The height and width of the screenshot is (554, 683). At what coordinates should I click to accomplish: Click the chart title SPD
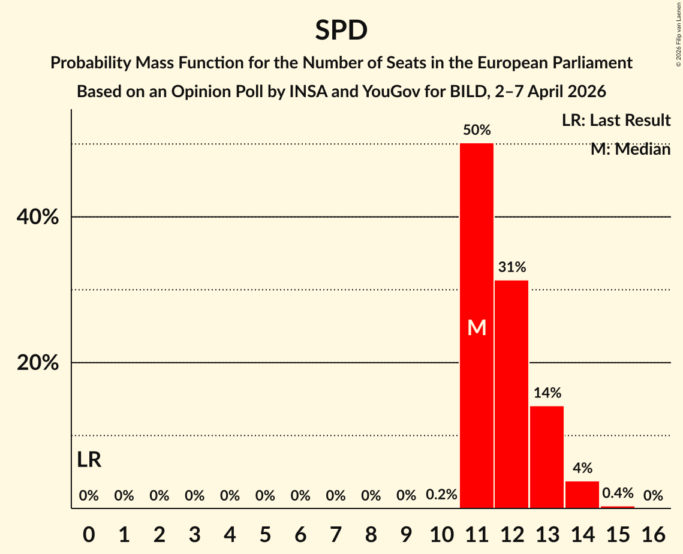click(341, 30)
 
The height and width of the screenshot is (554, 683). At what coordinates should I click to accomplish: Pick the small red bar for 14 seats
click(582, 495)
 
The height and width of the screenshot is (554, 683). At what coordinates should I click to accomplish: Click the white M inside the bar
click(477, 328)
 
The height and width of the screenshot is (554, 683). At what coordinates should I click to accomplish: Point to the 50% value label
click(477, 130)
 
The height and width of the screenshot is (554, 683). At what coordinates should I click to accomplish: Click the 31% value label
click(512, 267)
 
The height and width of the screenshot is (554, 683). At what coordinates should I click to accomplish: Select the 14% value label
click(547, 393)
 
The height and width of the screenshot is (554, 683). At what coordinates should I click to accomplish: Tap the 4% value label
click(582, 468)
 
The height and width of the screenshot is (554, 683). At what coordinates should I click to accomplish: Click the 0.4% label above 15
click(618, 493)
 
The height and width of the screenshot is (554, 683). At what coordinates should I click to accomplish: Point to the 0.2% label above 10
click(441, 495)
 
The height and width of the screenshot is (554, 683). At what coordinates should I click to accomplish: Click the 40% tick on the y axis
click(38, 217)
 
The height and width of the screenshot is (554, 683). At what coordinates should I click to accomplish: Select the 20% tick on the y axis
click(38, 363)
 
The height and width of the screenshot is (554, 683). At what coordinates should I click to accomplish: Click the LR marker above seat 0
click(89, 460)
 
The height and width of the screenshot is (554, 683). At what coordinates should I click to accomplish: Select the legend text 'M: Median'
click(630, 149)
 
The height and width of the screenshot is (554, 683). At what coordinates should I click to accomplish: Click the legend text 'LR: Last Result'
click(616, 121)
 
